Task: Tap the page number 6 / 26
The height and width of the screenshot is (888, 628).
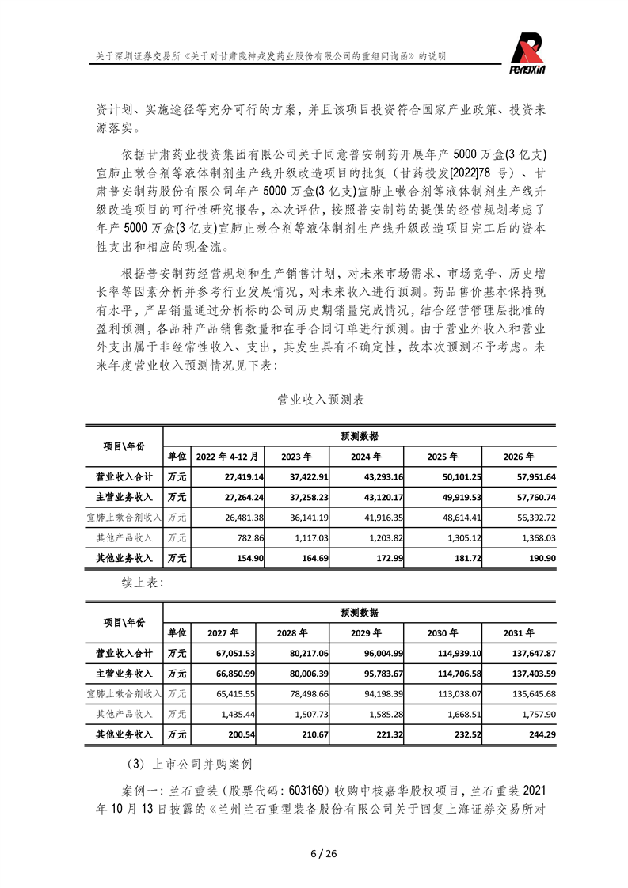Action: [314, 853]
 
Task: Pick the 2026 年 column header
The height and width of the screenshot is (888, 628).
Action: [519, 457]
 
